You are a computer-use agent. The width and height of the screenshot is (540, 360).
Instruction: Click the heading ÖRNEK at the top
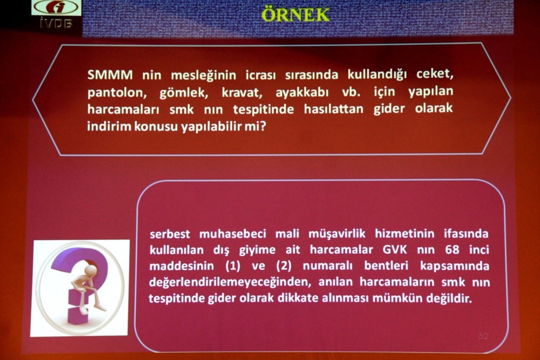[295, 15]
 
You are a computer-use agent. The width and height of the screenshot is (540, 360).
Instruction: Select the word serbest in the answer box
[172, 234]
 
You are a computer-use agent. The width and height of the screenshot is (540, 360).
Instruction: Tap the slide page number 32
[482, 336]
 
